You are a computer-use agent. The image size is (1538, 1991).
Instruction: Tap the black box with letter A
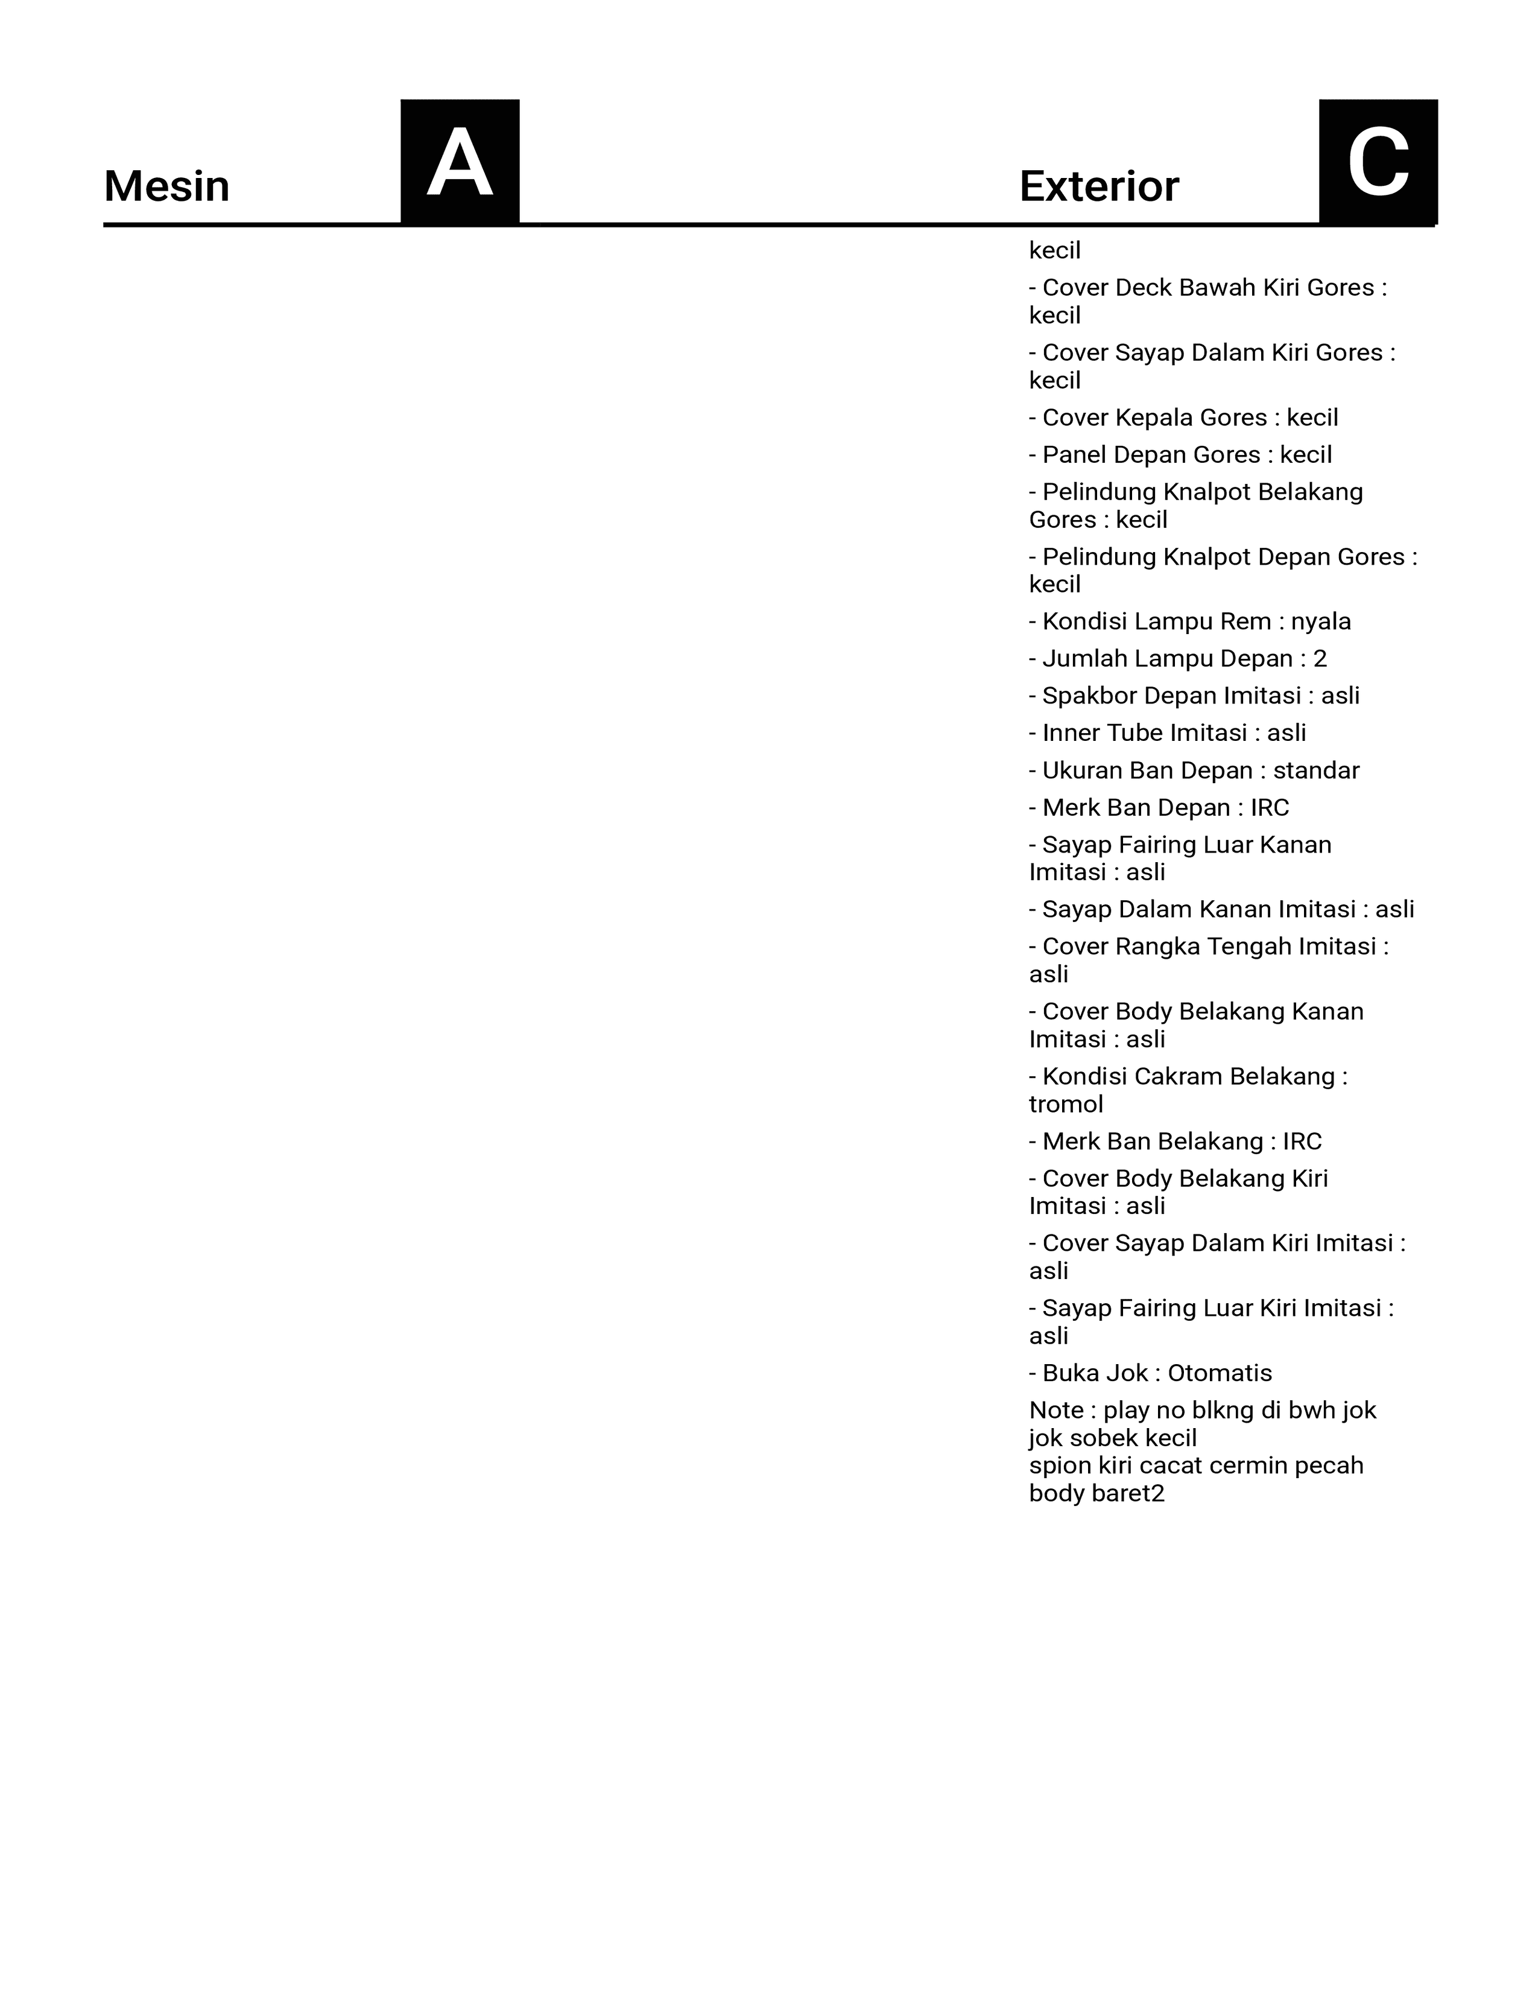click(460, 161)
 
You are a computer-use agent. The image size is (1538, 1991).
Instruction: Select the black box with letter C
click(1378, 161)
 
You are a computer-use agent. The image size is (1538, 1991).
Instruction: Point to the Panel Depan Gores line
click(1180, 455)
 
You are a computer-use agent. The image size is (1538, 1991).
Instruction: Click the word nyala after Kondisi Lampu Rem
click(1320, 621)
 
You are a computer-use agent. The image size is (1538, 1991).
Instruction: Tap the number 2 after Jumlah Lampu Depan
click(1320, 659)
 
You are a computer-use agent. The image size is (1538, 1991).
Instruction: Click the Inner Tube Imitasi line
click(1167, 733)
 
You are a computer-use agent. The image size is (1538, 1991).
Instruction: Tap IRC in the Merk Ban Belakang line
click(1302, 1142)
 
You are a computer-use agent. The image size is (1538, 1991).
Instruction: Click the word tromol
click(1066, 1105)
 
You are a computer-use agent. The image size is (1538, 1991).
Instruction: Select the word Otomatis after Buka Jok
click(1220, 1373)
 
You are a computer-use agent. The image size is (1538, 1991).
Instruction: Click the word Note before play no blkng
click(1056, 1411)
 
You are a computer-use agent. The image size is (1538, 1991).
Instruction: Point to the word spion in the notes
click(1053, 1466)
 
